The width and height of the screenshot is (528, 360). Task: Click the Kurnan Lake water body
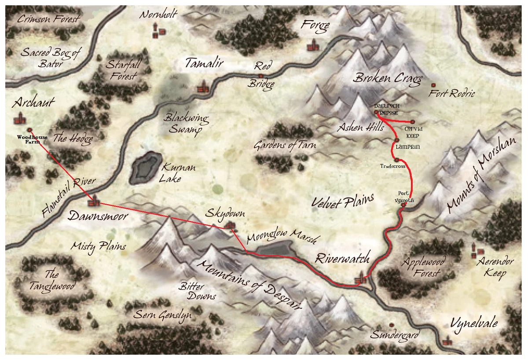(145, 168)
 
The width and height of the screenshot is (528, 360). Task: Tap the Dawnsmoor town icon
(93, 202)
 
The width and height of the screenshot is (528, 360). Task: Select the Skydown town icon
(229, 226)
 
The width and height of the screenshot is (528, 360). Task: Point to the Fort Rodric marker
(433, 85)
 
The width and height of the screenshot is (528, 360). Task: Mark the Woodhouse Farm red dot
(29, 130)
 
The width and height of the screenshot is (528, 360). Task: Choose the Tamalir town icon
(203, 87)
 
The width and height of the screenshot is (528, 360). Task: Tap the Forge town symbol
(313, 45)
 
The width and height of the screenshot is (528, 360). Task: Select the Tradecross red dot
(396, 159)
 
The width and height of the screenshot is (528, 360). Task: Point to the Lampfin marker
(397, 140)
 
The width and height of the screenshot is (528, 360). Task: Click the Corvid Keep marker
(413, 121)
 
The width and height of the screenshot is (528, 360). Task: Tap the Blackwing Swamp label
(186, 124)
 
